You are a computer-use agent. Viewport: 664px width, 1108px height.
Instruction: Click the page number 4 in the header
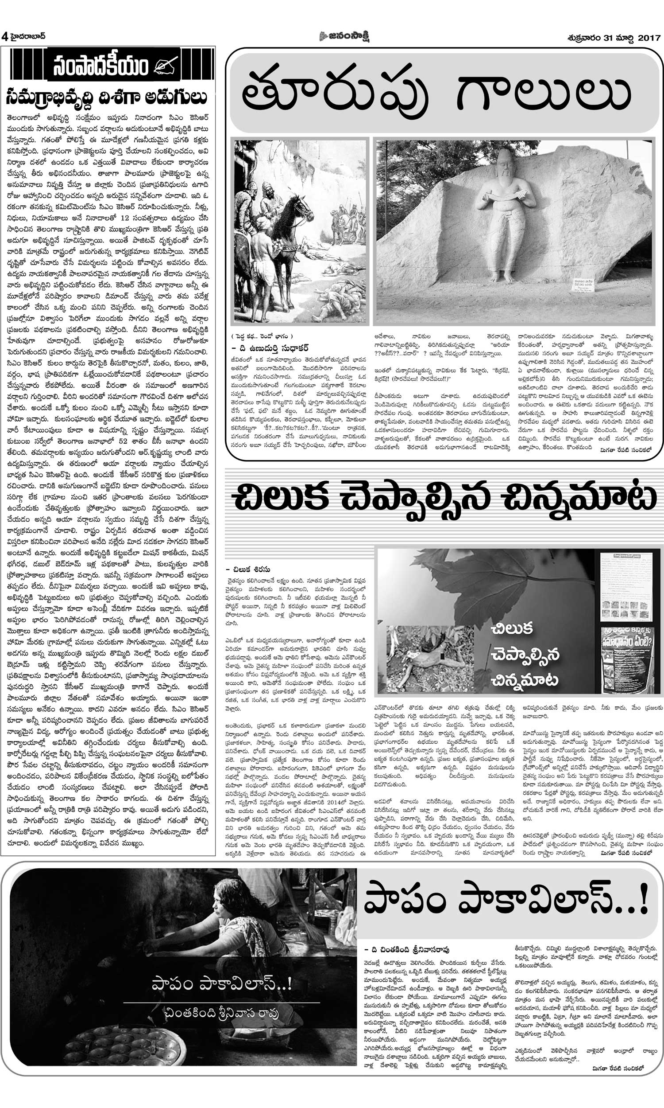pos(5,37)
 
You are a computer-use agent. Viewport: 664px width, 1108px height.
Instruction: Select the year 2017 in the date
pos(649,38)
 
